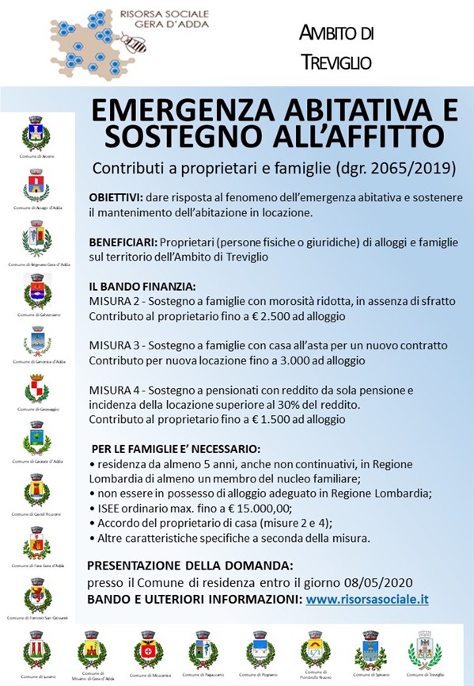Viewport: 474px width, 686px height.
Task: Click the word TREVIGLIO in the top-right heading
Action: click(336, 60)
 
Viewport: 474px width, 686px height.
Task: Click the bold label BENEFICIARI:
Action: click(123, 242)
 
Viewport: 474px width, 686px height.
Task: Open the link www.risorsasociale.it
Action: click(367, 600)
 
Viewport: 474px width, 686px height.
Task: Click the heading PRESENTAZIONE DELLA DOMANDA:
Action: click(189, 566)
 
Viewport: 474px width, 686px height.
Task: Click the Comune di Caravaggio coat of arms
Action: click(36, 389)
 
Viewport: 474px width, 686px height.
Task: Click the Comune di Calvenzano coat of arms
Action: click(36, 291)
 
